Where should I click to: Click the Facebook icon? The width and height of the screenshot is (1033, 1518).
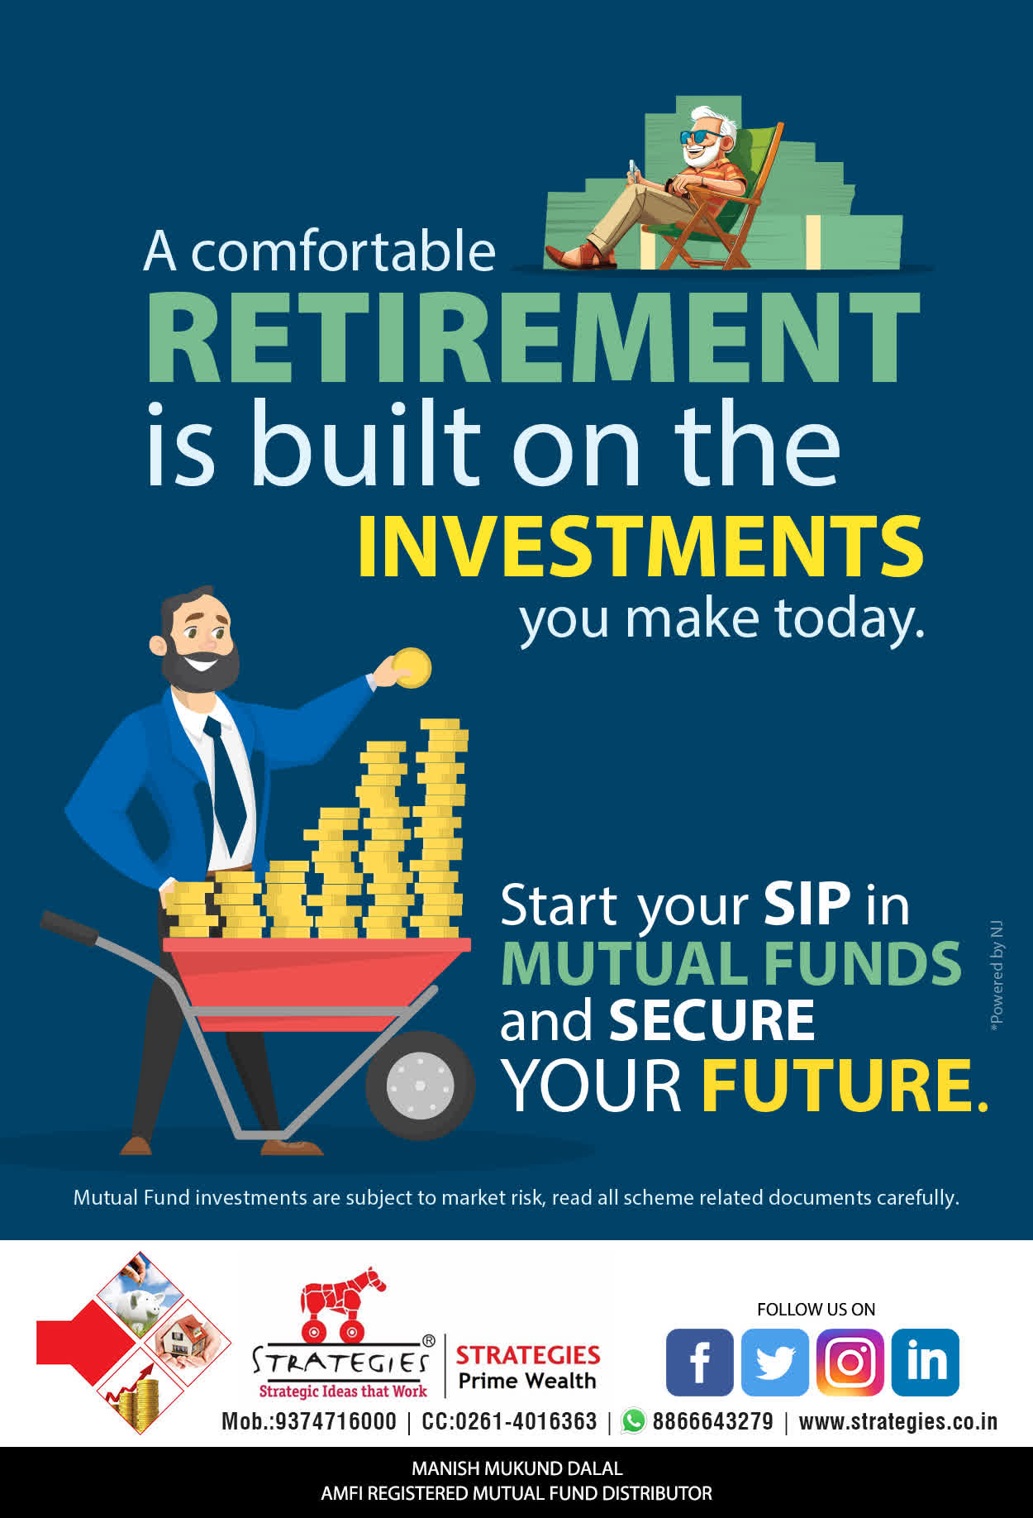[699, 1362]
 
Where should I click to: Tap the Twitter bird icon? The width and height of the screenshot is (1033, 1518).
[774, 1362]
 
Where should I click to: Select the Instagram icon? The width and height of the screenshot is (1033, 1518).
[850, 1362]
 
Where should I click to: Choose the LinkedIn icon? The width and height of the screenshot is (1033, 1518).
[926, 1362]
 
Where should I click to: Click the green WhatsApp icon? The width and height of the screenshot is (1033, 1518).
[634, 1420]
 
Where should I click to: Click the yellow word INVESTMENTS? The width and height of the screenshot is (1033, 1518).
[640, 546]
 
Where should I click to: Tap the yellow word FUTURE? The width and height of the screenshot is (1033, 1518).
[845, 1085]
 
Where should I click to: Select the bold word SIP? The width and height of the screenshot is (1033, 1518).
[807, 904]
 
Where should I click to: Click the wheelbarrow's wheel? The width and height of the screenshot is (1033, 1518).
[420, 1085]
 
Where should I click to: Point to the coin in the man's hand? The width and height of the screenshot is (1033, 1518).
[411, 668]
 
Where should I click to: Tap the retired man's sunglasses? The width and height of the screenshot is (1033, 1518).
[701, 136]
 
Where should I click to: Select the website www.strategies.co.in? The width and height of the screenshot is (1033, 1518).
[898, 1421]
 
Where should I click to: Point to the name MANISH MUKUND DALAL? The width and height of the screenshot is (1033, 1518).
[517, 1468]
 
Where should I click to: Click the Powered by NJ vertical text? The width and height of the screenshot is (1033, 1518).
[997, 976]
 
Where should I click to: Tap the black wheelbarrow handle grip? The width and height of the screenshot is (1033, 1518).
[69, 928]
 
